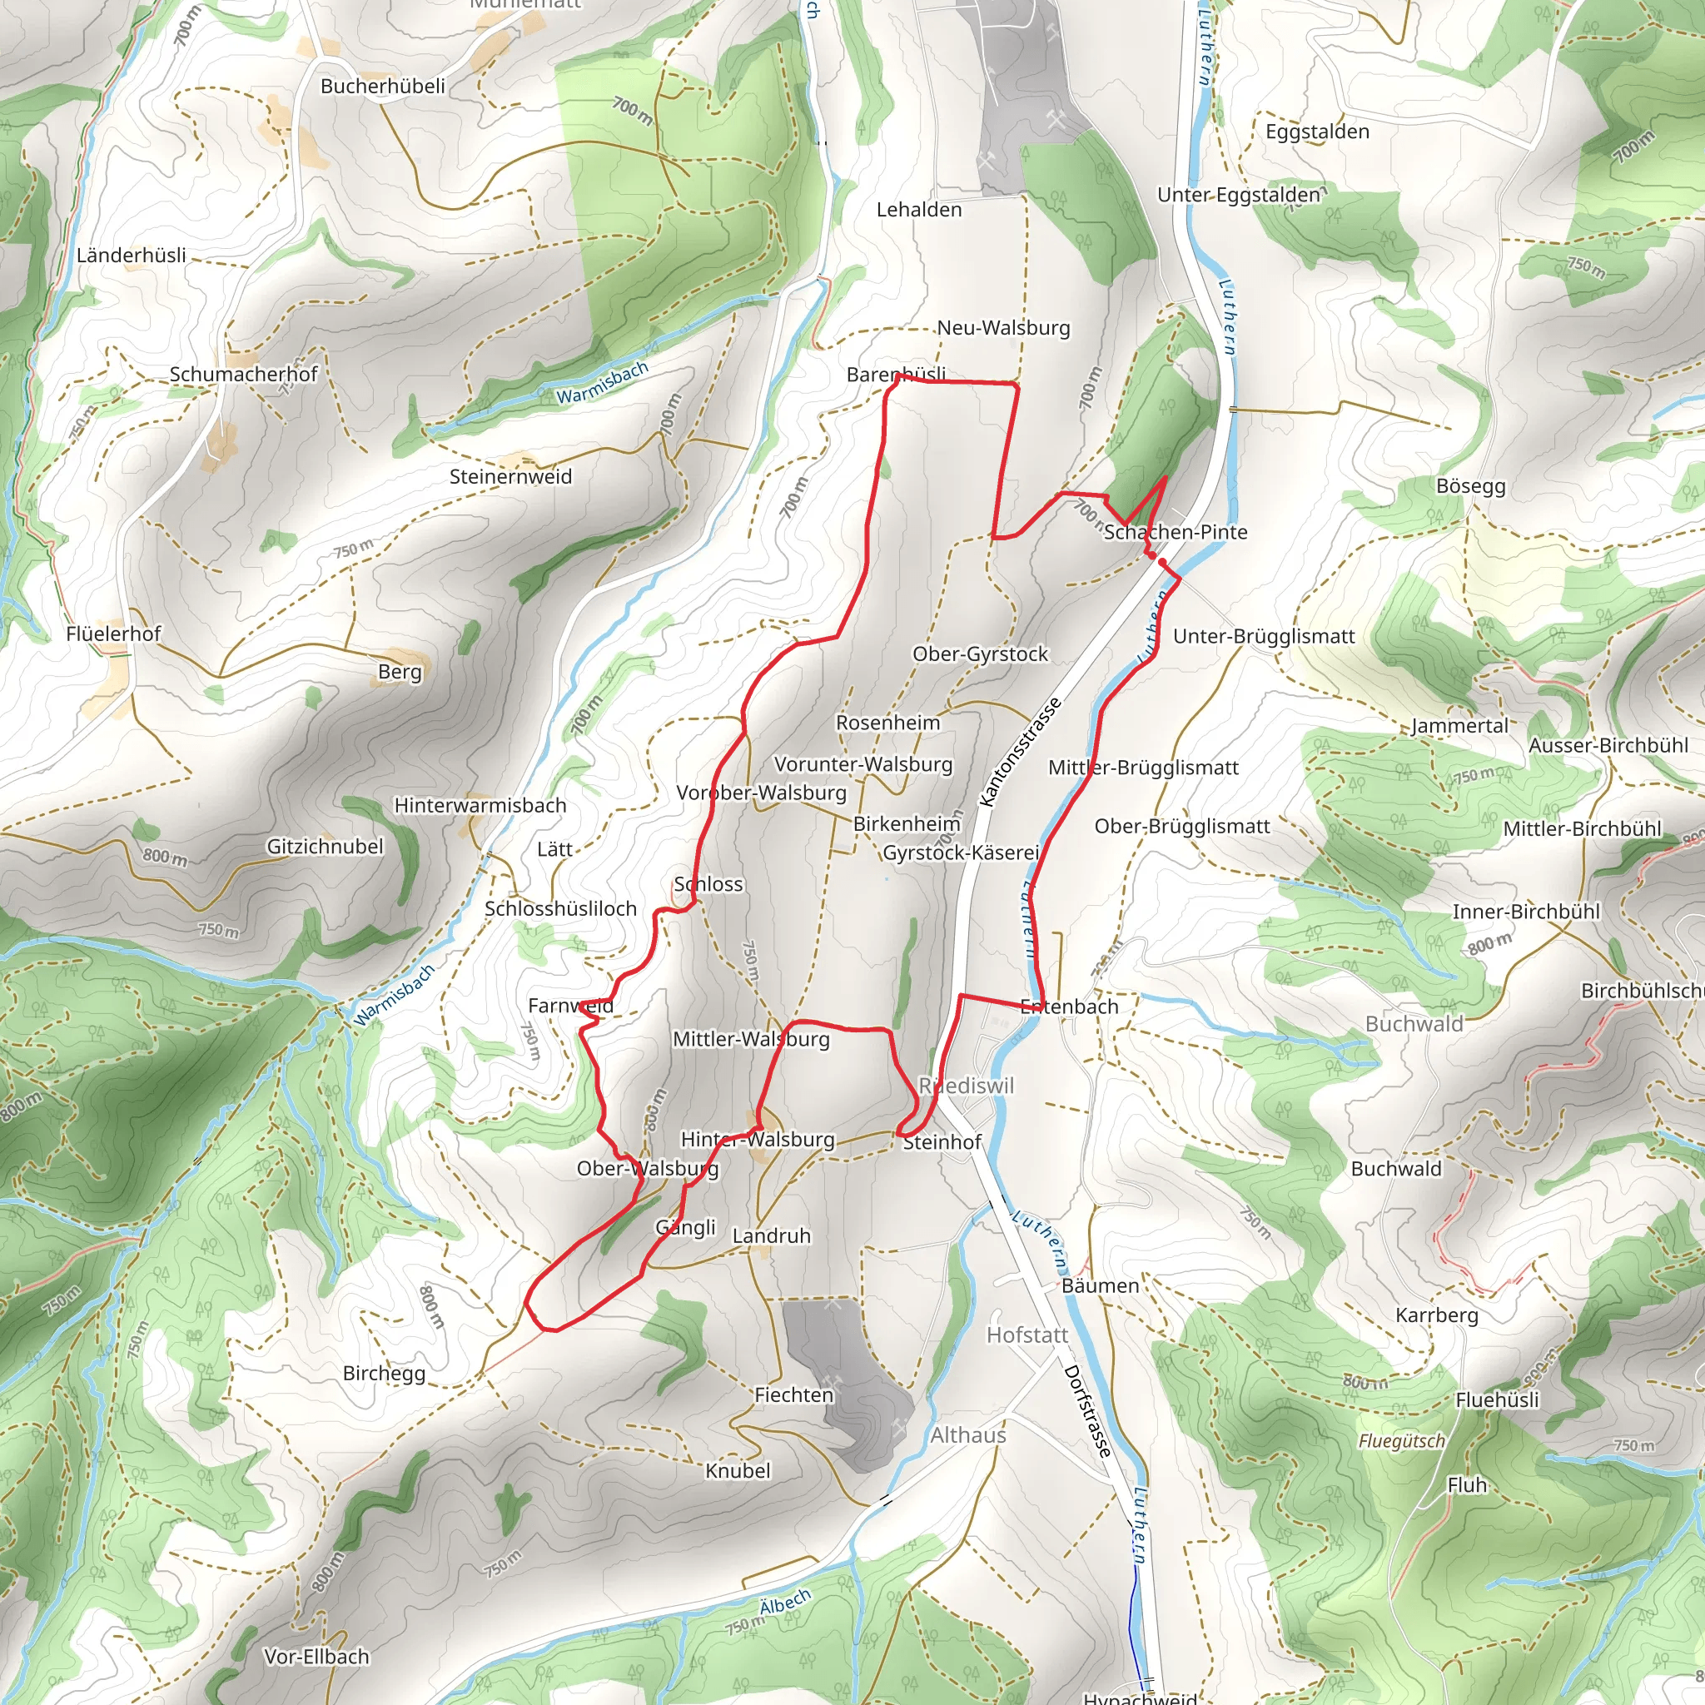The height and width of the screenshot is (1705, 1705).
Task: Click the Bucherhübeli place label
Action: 382,87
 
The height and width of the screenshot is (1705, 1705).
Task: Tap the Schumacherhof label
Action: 243,374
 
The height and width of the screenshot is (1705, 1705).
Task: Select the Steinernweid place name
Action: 510,476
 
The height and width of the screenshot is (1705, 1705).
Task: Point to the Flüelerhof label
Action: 113,634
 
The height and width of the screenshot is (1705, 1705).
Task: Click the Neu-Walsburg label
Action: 1003,327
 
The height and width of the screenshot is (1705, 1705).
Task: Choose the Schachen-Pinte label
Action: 1176,532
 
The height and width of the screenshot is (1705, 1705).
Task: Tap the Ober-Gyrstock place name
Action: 980,654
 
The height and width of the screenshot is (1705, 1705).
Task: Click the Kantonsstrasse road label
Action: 1020,752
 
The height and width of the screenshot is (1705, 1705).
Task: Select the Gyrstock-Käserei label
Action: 960,852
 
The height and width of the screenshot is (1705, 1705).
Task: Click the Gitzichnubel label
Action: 325,847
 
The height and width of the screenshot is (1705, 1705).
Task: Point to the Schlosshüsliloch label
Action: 560,909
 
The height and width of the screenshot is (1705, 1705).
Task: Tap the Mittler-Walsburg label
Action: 751,1039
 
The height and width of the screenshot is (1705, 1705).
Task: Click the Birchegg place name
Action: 384,1373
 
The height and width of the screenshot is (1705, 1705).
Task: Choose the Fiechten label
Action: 793,1395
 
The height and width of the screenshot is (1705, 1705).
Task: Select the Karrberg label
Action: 1437,1315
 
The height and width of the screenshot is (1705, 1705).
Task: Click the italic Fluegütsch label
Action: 1401,1441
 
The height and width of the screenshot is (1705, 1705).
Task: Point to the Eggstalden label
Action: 1317,132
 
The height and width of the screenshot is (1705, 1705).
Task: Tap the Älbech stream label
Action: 784,1602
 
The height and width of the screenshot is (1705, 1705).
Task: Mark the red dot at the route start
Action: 1161,561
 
